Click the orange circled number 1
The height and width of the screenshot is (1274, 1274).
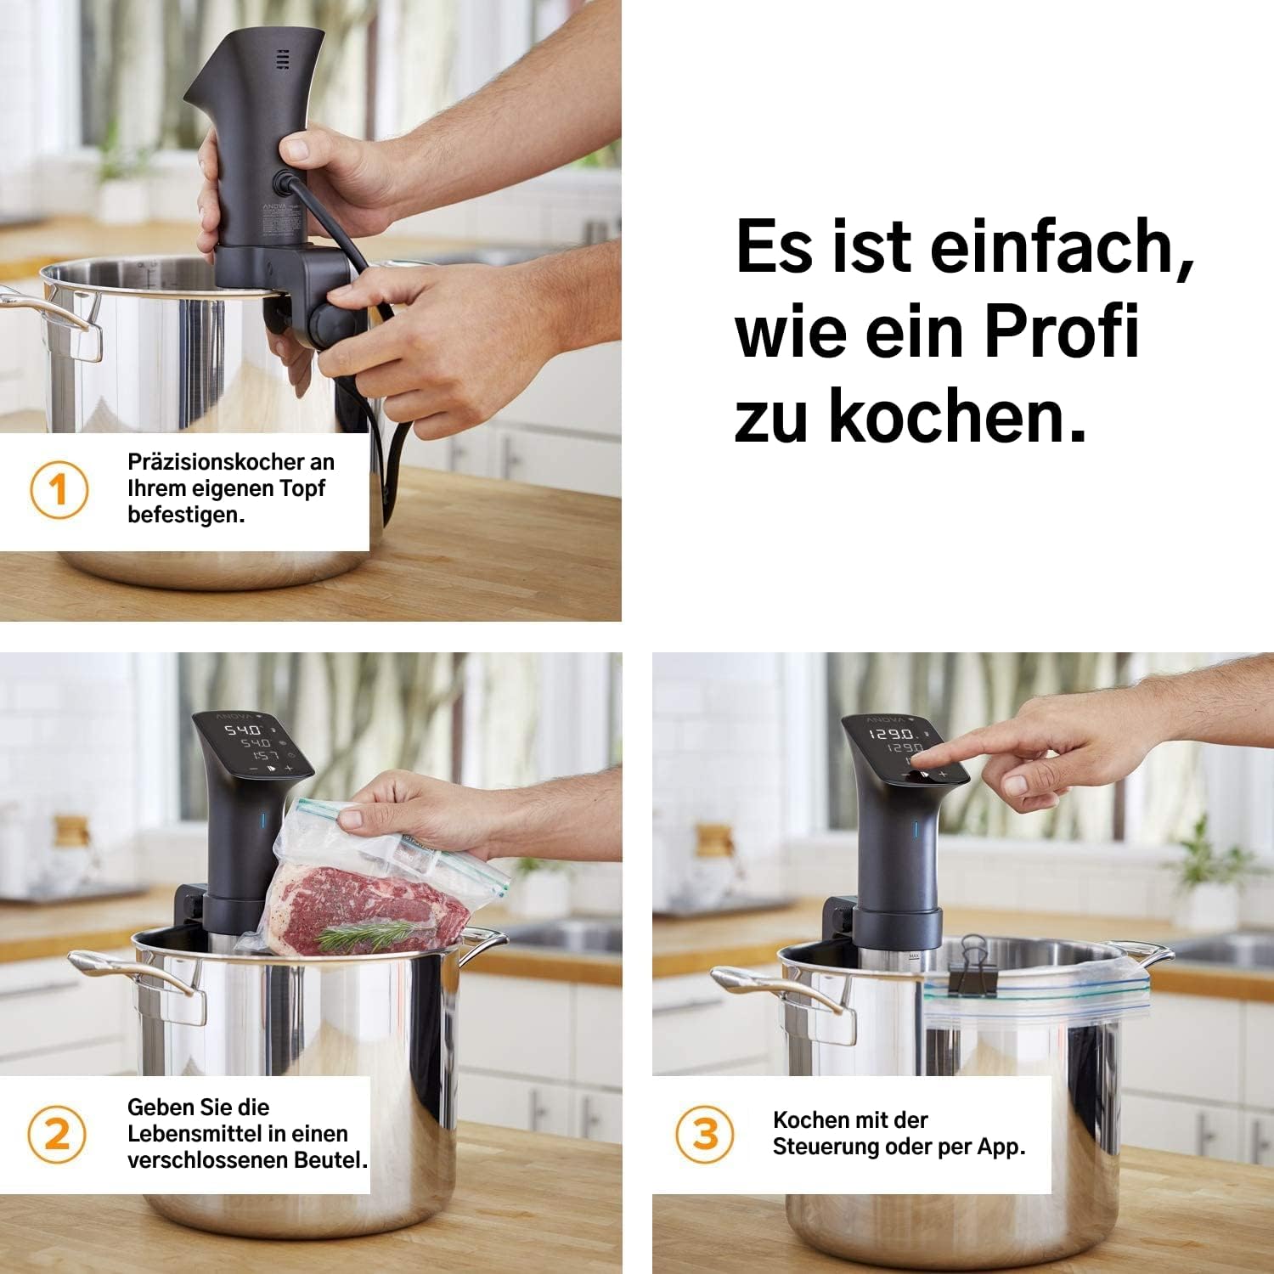[x=59, y=489]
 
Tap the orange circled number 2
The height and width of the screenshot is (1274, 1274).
[x=57, y=1134]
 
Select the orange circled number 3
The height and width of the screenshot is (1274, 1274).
[x=705, y=1134]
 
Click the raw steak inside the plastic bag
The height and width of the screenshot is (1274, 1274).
[x=367, y=909]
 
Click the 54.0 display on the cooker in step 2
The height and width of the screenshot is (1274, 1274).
[x=242, y=730]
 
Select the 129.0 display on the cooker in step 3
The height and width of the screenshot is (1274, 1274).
[x=890, y=733]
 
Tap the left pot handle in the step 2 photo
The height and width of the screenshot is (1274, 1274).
[x=136, y=977]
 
